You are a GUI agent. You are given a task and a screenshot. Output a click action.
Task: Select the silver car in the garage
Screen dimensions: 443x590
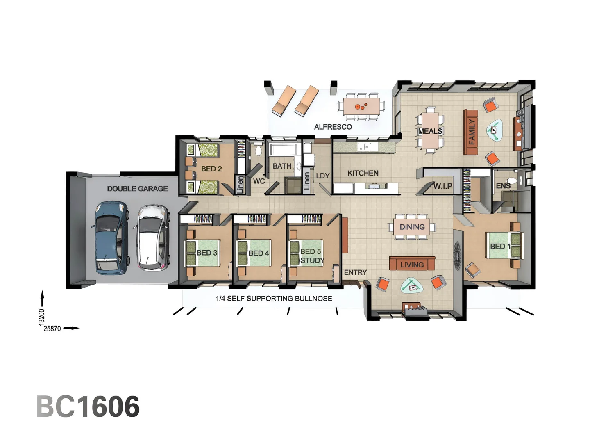(x=152, y=238)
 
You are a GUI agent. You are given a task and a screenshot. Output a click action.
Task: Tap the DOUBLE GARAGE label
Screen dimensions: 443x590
(x=137, y=189)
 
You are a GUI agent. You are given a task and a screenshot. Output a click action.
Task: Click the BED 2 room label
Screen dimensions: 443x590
(x=211, y=169)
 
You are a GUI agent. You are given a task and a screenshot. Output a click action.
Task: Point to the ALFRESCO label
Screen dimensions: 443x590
(x=333, y=127)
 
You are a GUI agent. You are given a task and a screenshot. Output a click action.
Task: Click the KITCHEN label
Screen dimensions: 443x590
(x=363, y=173)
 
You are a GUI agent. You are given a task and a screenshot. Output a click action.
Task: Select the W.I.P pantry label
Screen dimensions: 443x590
(x=442, y=186)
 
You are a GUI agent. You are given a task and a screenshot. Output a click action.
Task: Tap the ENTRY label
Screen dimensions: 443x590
(x=355, y=272)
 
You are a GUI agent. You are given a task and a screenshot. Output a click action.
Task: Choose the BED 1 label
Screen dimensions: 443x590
(x=500, y=247)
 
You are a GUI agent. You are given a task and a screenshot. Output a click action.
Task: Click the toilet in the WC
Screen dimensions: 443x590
(x=258, y=151)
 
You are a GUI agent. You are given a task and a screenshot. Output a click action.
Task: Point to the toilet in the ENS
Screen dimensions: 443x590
(x=512, y=180)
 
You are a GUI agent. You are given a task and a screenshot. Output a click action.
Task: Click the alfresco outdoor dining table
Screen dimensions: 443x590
(x=361, y=106)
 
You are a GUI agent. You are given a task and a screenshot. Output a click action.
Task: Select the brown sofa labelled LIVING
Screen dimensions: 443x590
(x=412, y=264)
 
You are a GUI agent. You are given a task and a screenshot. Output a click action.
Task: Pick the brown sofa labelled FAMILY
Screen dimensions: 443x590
(x=470, y=132)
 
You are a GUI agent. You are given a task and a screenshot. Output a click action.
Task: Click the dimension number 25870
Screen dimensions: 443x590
(x=52, y=329)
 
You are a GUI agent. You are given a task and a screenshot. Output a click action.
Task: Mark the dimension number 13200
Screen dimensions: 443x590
(x=41, y=317)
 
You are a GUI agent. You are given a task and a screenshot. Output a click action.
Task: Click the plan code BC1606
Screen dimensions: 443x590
(x=88, y=406)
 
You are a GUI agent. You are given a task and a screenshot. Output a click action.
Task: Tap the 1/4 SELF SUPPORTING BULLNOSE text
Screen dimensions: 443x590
(x=274, y=299)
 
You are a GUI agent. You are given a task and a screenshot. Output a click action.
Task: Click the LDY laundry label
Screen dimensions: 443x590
(x=322, y=176)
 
